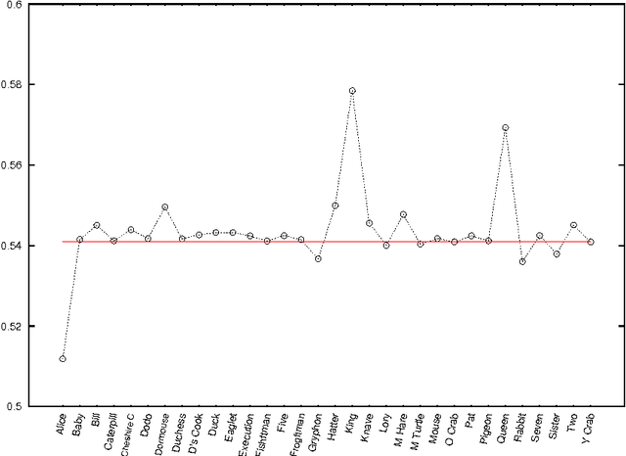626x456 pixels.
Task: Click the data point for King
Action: [352, 91]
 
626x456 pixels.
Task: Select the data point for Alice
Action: [63, 359]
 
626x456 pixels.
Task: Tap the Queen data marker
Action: [505, 127]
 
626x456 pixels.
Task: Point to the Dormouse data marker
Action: [164, 207]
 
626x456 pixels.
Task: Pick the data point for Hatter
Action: [335, 205]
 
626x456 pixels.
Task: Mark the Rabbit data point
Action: [522, 261]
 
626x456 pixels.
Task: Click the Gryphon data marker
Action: [318, 258]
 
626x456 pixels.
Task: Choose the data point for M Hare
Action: [403, 214]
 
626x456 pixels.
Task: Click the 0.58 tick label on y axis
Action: [18, 85]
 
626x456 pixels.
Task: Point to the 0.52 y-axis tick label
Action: [18, 326]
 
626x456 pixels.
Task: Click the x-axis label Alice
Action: [63, 427]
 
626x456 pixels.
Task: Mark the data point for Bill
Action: [97, 225]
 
